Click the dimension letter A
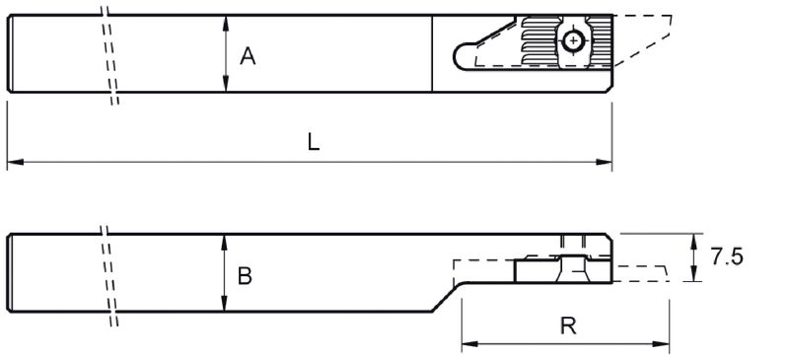coord(248,56)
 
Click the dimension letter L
coord(314,143)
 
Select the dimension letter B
coord(245,276)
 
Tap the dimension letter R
coord(568,326)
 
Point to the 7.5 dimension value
coord(727,256)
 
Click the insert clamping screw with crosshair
coord(573,40)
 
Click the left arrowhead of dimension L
coord(15,162)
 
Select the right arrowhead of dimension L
coord(604,162)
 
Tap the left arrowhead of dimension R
coord(470,344)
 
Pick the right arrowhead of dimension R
coord(661,344)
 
